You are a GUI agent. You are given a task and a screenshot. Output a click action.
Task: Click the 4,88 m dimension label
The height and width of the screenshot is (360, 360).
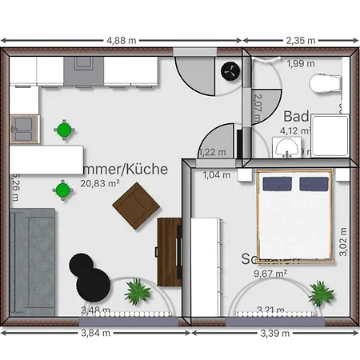tap(121, 38)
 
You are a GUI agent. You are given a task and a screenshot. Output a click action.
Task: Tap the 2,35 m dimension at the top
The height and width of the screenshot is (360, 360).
tap(300, 38)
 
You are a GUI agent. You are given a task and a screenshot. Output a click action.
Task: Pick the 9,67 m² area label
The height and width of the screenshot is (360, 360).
tap(270, 273)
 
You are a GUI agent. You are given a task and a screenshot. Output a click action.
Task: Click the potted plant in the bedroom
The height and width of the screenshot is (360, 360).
tap(320, 292)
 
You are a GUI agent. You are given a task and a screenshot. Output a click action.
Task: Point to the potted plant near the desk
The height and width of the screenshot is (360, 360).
tap(138, 291)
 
